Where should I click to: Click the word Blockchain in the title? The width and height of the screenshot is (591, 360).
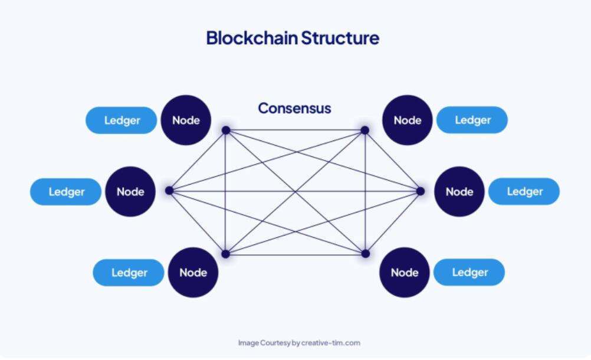tap(252, 38)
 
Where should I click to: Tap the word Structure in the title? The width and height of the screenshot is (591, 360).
tap(340, 38)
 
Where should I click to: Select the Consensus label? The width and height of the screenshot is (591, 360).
tap(294, 108)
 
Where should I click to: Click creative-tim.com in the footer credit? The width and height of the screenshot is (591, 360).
tap(330, 343)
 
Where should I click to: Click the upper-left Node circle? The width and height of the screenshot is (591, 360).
tap(186, 120)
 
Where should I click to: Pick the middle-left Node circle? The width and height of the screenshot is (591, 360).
tap(130, 191)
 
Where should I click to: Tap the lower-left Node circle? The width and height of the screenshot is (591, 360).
tap(193, 272)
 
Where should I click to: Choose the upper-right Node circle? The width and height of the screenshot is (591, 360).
tap(408, 120)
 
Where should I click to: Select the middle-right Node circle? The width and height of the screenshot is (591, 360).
tap(459, 191)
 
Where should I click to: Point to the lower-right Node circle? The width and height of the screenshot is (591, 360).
tap(405, 272)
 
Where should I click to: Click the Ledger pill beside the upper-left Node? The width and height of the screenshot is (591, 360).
tap(122, 120)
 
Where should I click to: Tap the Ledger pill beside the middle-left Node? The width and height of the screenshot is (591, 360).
tap(66, 191)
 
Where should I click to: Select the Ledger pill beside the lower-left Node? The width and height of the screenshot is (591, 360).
tap(129, 273)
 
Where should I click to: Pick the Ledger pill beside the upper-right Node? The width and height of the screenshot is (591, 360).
tap(472, 120)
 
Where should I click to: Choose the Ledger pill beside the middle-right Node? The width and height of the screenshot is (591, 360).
tap(524, 191)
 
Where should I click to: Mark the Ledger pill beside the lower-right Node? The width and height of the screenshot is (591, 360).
tap(469, 272)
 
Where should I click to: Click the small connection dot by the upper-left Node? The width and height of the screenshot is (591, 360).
tap(226, 130)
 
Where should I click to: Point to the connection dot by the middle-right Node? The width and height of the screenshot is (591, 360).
tap(421, 191)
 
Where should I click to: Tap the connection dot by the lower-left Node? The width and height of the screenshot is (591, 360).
tap(225, 254)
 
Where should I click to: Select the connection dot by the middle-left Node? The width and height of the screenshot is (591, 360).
tap(169, 191)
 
